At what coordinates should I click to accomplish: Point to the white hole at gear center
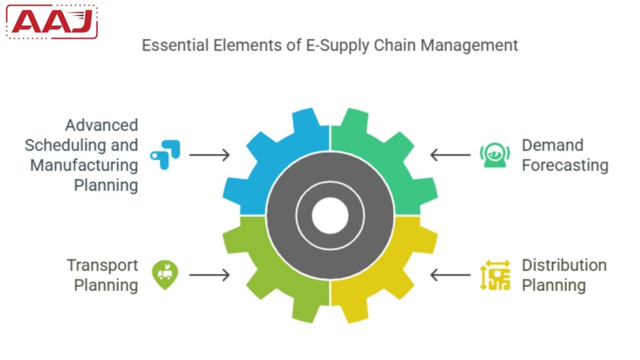click(329, 216)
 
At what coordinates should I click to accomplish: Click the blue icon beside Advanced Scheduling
click(166, 154)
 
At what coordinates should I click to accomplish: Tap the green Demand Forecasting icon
click(491, 155)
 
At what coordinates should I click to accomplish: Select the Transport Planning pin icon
click(165, 274)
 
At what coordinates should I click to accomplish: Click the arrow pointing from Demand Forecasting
click(450, 154)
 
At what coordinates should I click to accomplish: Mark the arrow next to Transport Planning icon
click(209, 274)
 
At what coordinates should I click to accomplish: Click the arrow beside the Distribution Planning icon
click(450, 274)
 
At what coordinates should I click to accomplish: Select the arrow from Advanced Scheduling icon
click(209, 154)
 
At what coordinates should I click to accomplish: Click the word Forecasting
click(565, 166)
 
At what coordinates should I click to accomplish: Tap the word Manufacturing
click(84, 166)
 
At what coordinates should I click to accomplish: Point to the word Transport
click(102, 265)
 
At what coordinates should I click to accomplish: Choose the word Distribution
click(564, 265)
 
